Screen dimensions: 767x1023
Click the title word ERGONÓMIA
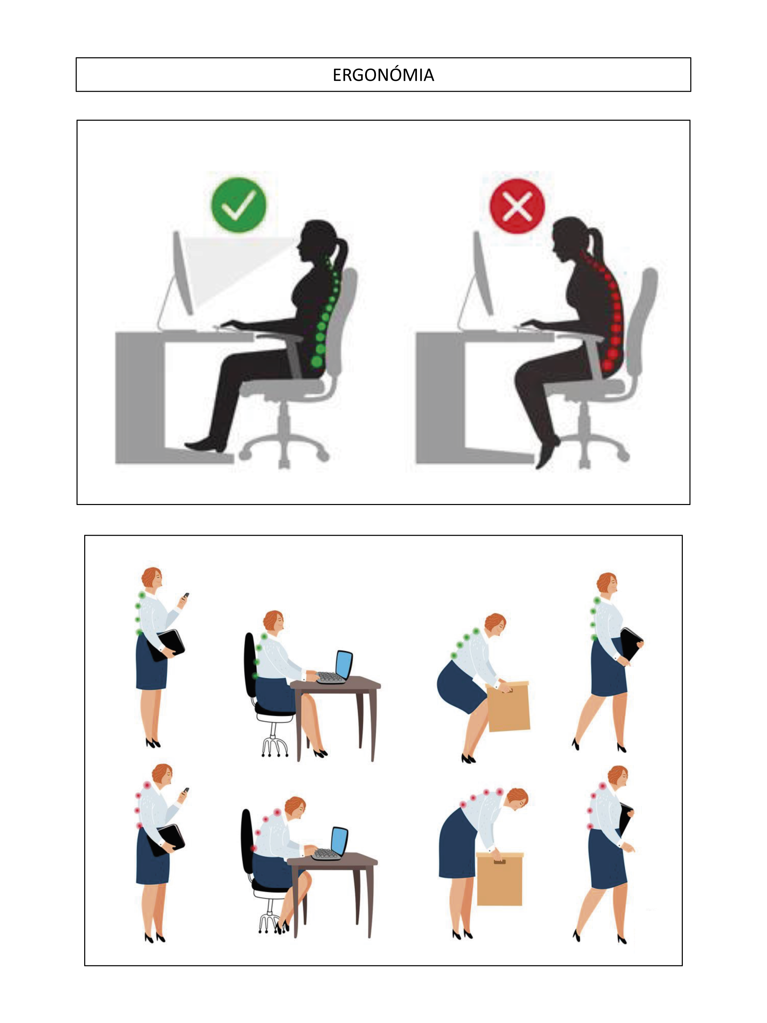click(x=383, y=75)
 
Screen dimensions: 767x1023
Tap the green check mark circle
click(x=239, y=205)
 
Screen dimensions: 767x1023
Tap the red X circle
click(x=517, y=206)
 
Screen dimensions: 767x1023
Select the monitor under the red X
click(x=483, y=274)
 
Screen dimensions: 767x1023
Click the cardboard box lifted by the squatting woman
click(x=509, y=706)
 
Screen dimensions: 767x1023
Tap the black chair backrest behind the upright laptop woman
click(x=250, y=665)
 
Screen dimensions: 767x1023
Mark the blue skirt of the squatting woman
click(x=461, y=688)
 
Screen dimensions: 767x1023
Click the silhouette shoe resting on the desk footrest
click(x=205, y=444)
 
